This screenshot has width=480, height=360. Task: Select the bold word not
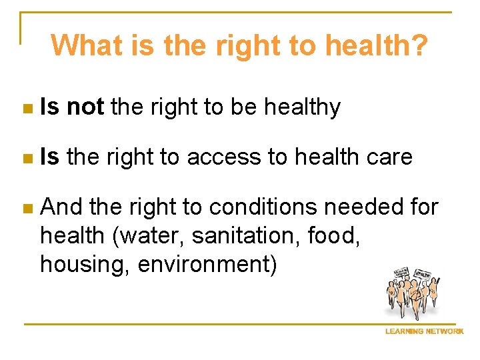[85, 107]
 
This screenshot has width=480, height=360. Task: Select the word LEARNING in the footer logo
[404, 332]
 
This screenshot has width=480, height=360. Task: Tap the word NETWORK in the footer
[444, 332]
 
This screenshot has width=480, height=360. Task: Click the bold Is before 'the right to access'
[49, 157]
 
